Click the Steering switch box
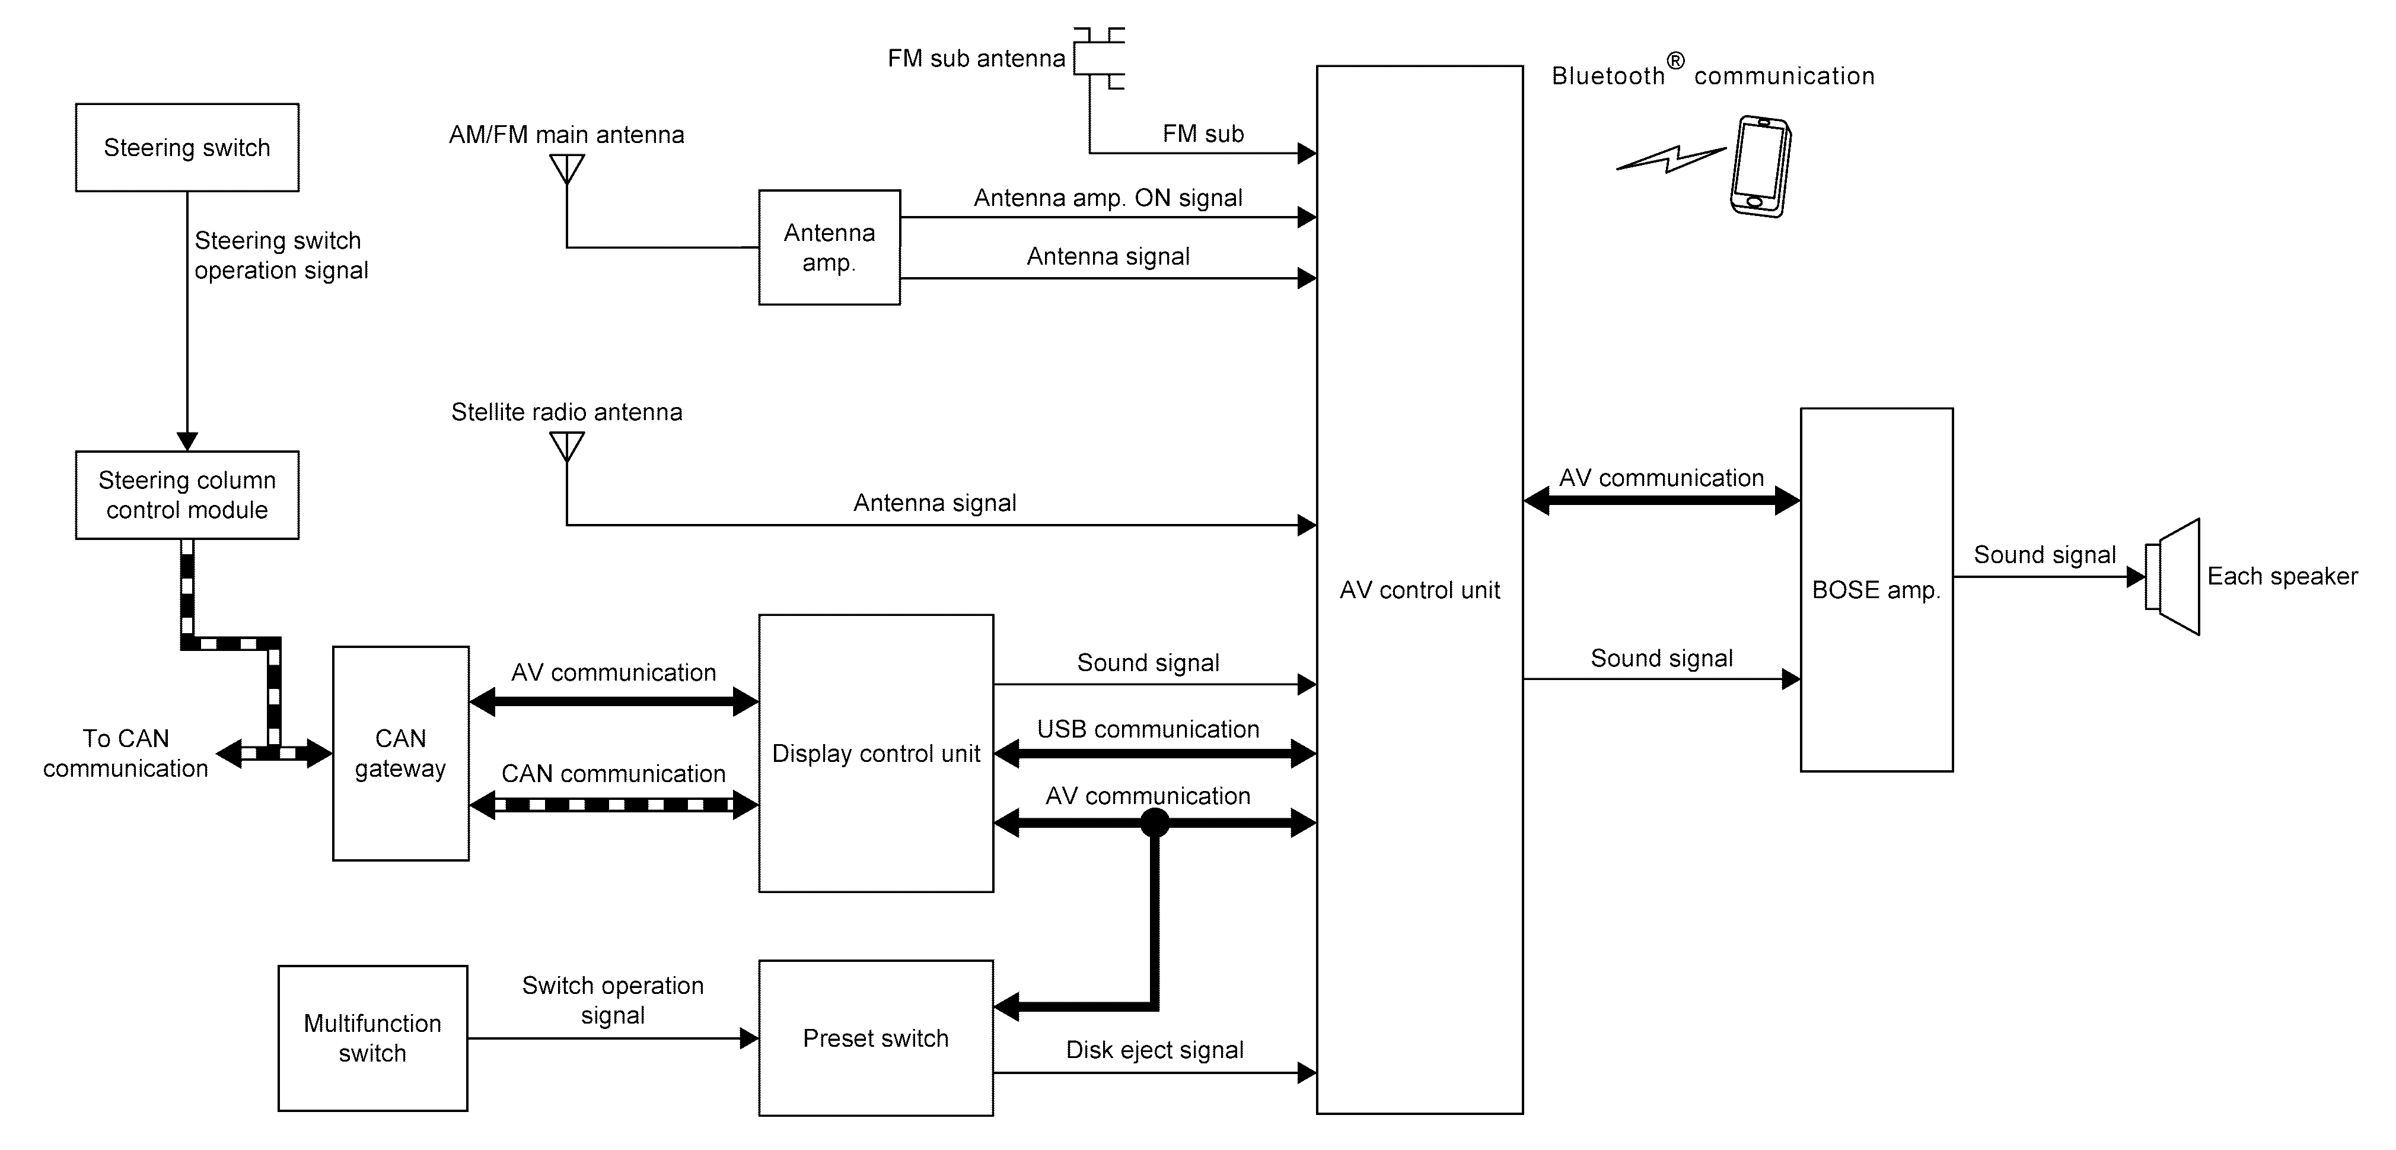[187, 147]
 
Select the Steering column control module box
[187, 495]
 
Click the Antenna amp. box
[829, 247]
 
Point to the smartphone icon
[1760, 167]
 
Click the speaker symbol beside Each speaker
[2173, 577]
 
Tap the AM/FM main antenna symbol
[566, 169]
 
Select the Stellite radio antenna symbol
[566, 447]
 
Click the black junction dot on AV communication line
[1154, 822]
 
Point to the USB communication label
[1148, 729]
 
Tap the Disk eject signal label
[1154, 1050]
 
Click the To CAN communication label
[126, 752]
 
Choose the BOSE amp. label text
[1876, 590]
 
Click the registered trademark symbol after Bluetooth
[1675, 61]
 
